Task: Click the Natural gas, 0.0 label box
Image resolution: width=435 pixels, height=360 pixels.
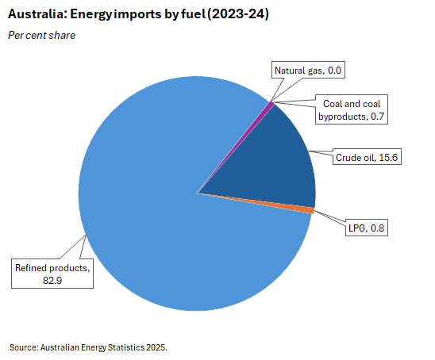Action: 307,71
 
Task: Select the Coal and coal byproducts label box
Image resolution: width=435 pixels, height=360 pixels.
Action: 350,110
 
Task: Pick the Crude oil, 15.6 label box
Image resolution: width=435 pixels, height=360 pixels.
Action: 365,158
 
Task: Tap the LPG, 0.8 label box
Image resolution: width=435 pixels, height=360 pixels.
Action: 368,229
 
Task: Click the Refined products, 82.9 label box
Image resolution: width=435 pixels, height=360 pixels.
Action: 52,274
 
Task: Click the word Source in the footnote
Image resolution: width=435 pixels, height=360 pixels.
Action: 23,347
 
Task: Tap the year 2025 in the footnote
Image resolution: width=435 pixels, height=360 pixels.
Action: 156,347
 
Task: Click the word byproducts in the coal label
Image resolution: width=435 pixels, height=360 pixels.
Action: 342,116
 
